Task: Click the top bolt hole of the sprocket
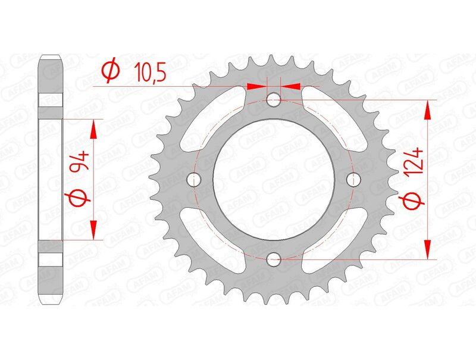coord(274,99)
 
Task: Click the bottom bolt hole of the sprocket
coord(274,259)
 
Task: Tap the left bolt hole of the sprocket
coord(193,179)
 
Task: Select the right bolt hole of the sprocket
coord(355,179)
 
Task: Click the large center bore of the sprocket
coord(274,179)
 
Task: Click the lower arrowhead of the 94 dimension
coord(93,230)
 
